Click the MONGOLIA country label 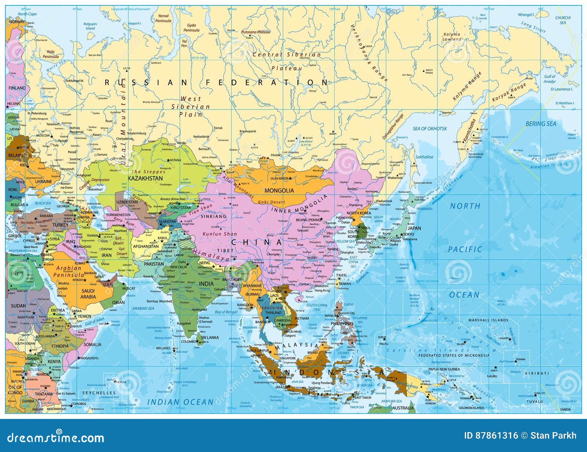click(x=279, y=190)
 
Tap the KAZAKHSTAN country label click(x=145, y=178)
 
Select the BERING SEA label click(x=541, y=124)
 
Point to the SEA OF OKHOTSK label click(x=430, y=129)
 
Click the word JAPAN click(x=414, y=228)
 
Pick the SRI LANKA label click(x=209, y=337)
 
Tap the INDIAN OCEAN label click(x=181, y=402)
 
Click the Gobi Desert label click(x=271, y=202)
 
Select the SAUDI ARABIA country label click(x=88, y=294)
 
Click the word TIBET click(x=225, y=250)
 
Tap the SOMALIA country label click(x=92, y=345)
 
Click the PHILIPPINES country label click(x=342, y=324)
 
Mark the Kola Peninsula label click(x=51, y=54)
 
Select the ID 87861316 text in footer click(x=491, y=436)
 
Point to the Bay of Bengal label click(x=226, y=312)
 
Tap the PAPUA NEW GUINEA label click(x=444, y=369)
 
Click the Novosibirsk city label click(x=201, y=137)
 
